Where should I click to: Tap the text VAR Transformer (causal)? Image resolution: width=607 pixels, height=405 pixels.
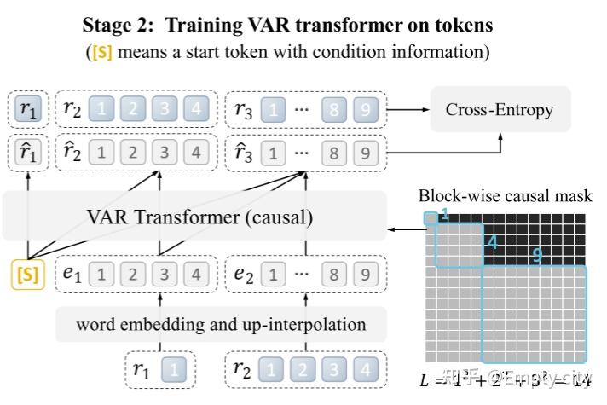tap(199, 217)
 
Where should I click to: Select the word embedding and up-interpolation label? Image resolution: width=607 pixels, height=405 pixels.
tap(222, 324)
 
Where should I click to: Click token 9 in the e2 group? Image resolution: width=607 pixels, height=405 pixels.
tap(365, 275)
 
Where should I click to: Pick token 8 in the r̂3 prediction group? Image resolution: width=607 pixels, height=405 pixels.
tap(334, 154)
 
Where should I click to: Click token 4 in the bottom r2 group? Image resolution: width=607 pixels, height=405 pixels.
tap(365, 370)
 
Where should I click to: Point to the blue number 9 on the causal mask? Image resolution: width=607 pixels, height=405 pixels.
tap(537, 255)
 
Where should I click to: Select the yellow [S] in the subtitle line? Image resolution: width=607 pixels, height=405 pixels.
tap(101, 52)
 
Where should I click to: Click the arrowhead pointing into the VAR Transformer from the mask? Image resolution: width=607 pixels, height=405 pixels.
tap(392, 229)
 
